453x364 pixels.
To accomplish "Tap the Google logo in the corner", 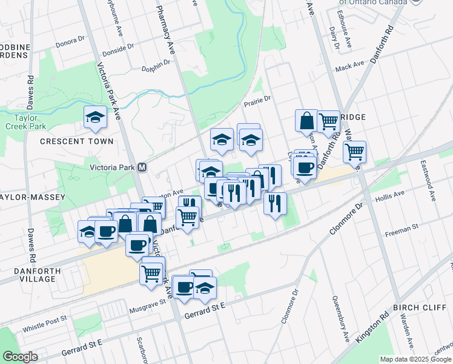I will (x=20, y=357).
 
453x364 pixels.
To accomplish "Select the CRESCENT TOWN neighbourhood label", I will (x=76, y=141).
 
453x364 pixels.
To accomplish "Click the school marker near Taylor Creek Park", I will (x=95, y=116).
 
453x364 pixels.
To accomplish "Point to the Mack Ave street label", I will (x=349, y=66).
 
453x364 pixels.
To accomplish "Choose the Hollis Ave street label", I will (x=389, y=198).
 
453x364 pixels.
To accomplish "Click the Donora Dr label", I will (x=70, y=39).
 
